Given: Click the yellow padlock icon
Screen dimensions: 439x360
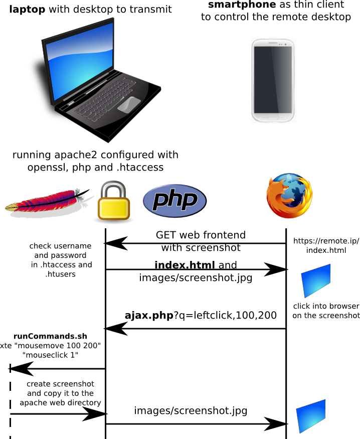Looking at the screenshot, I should (x=113, y=201).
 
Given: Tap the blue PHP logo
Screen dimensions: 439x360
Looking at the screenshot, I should (x=174, y=201).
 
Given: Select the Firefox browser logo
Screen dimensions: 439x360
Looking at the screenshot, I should (x=289, y=196).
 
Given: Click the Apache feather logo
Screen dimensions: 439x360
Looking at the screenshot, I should (x=48, y=203).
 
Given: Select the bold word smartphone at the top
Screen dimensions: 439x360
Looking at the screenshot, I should (x=242, y=5).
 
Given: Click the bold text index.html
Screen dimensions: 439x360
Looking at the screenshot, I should (x=185, y=265).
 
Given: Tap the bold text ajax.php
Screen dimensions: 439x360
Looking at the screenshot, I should (x=148, y=315).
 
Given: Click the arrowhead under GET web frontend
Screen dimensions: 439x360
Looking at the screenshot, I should (x=115, y=244).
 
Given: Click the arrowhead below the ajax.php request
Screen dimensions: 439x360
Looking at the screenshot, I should (x=115, y=329).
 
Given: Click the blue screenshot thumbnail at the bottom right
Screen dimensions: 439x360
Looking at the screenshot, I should (x=311, y=416).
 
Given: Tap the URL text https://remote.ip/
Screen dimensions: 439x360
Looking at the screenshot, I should (x=326, y=241).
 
